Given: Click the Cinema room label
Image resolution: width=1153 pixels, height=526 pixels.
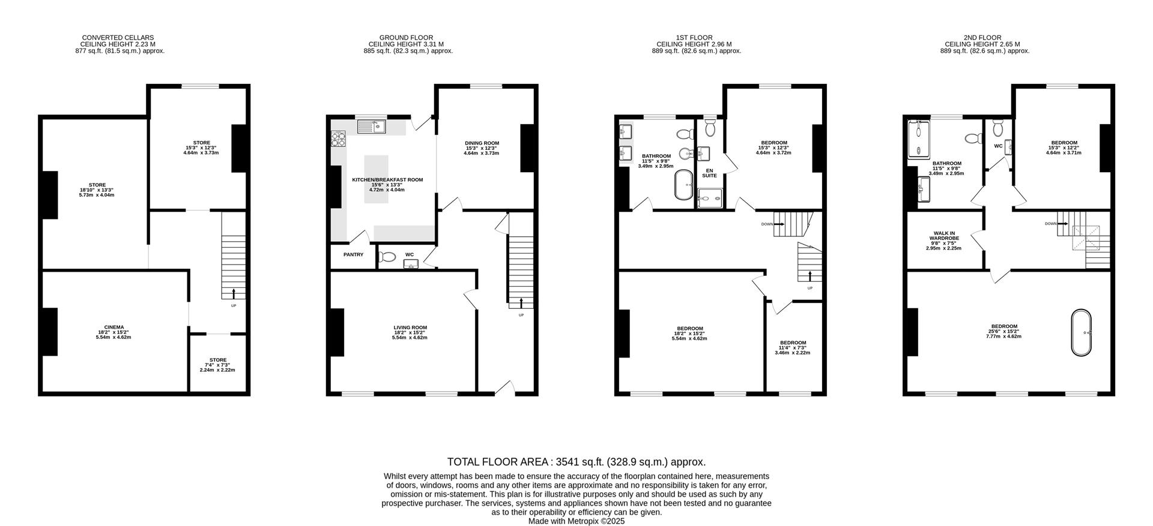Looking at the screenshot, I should (x=113, y=327).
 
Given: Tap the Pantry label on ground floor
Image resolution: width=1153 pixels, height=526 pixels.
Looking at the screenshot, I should (x=353, y=255).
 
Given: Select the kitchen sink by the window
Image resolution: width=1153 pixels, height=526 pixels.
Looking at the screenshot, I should (x=372, y=127).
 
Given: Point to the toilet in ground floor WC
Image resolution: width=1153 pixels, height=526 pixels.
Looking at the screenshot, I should (x=387, y=257).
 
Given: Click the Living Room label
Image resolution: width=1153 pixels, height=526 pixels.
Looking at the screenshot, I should (x=410, y=327).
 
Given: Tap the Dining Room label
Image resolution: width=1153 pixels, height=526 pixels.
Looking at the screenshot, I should (x=482, y=143).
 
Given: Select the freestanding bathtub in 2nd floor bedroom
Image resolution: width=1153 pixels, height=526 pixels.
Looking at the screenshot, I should (x=1081, y=333).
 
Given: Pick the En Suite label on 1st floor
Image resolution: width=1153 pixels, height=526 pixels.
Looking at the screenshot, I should (x=709, y=173).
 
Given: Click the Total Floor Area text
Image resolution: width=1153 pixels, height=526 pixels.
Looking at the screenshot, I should (x=576, y=462).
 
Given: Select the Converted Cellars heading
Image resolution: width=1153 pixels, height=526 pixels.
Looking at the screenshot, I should (x=118, y=38).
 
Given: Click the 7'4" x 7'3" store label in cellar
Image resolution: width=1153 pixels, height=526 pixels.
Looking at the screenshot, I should (x=218, y=365).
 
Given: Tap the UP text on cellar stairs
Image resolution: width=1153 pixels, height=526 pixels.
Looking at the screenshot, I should (x=234, y=306).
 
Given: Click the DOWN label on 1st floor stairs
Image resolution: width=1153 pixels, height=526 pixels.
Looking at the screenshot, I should (x=767, y=224).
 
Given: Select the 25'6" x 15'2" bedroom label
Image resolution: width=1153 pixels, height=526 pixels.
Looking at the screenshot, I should (x=1003, y=331).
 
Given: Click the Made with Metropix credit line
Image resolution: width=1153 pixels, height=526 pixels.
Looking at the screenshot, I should (x=576, y=521).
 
